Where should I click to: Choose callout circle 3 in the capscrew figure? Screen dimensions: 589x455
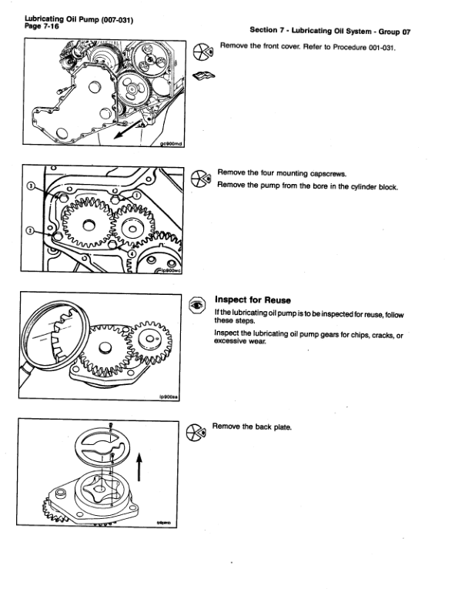click(30, 186)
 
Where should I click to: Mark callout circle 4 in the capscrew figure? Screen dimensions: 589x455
click(131, 253)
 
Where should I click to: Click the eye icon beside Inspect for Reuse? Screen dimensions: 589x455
click(198, 306)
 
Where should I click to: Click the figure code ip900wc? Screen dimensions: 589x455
click(169, 269)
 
